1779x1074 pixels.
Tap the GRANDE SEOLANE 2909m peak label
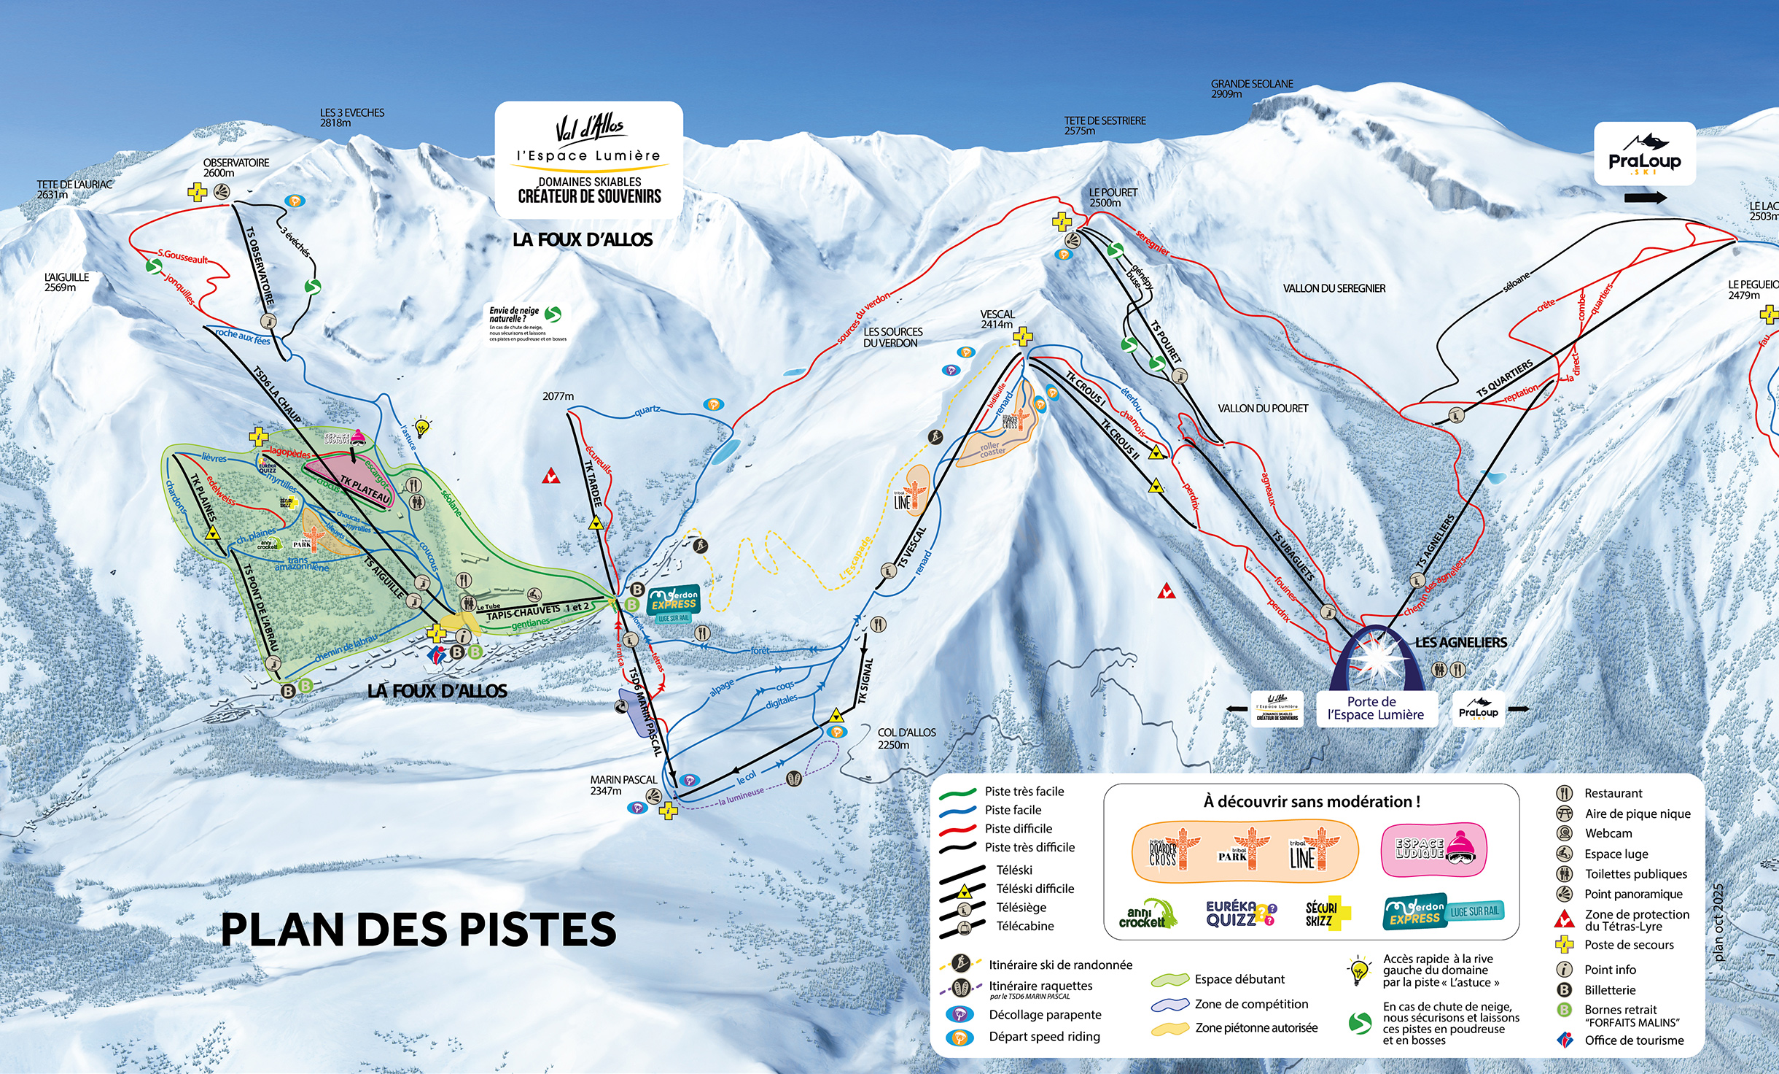tap(1251, 88)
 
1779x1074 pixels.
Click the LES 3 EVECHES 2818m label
tap(351, 117)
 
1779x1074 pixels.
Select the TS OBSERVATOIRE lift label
tap(260, 266)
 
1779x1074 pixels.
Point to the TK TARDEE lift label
tap(593, 483)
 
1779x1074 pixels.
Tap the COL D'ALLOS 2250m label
tap(906, 738)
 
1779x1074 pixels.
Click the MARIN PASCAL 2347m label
tap(623, 785)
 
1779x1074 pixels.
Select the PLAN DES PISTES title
tap(419, 930)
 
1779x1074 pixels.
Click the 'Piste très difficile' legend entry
tap(1029, 847)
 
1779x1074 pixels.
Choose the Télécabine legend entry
tap(1024, 926)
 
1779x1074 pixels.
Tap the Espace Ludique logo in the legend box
tap(1433, 849)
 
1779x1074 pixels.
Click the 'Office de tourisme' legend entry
tap(1633, 1040)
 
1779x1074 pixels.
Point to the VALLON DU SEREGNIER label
tap(1334, 288)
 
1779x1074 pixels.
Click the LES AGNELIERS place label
tap(1460, 642)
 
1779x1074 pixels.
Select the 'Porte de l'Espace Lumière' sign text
tap(1375, 708)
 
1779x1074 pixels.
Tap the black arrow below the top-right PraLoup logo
tap(1645, 198)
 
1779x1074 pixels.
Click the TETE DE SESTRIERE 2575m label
tap(1104, 125)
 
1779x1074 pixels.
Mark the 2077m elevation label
tap(558, 396)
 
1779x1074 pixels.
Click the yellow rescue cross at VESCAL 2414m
tap(1023, 336)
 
